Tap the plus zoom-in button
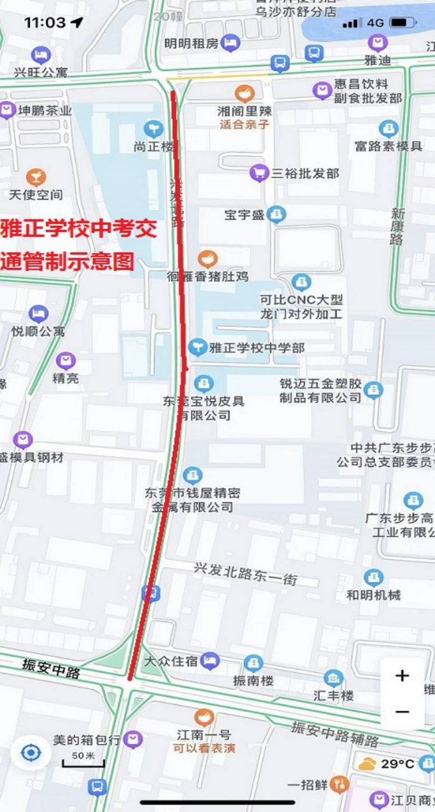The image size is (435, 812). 402,676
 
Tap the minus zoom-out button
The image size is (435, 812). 402,712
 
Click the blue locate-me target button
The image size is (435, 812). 31,754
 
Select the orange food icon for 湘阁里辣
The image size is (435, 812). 244,93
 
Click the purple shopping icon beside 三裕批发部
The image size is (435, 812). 258,172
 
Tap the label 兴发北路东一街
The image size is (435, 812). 245,574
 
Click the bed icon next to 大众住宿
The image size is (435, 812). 210,661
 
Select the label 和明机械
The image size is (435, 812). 373,595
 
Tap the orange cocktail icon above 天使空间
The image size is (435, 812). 36,177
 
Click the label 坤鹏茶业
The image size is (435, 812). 45,111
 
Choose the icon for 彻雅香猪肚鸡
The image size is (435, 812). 207,259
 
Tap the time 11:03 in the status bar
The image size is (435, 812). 45,23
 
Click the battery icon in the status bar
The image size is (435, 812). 401,23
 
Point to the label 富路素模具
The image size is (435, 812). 388,146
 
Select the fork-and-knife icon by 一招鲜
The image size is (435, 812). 341,784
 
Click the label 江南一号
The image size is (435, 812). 204,734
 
